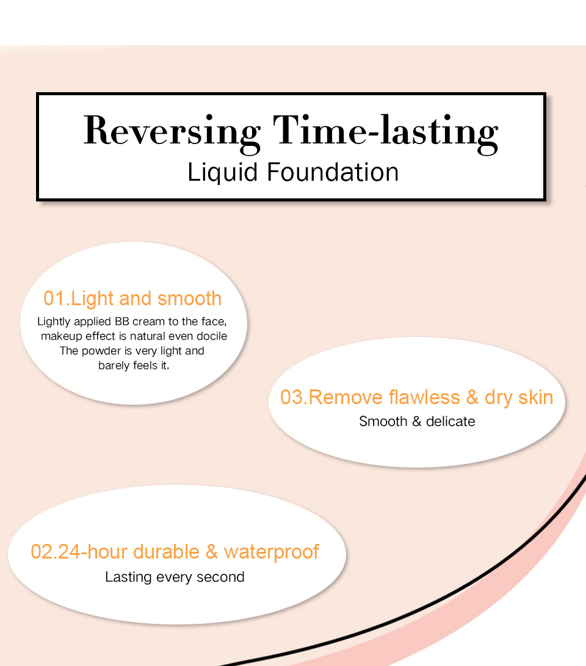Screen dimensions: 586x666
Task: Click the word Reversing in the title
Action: (172, 133)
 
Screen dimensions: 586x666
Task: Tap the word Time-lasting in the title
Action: (385, 133)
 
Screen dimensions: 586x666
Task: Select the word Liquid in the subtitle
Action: (223, 173)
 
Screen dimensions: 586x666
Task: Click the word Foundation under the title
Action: (333, 172)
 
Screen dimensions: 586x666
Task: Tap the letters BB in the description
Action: (122, 322)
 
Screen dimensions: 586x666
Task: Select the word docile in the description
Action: (212, 336)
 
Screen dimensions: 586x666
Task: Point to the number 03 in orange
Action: (291, 397)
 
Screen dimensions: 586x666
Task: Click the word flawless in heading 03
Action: (424, 397)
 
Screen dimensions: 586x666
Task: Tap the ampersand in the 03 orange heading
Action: (472, 397)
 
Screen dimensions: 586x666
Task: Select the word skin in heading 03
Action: (535, 397)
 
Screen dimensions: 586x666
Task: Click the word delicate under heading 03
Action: (450, 421)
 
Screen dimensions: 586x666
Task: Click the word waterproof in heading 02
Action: (271, 552)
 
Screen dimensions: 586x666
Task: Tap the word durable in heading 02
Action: (166, 552)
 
